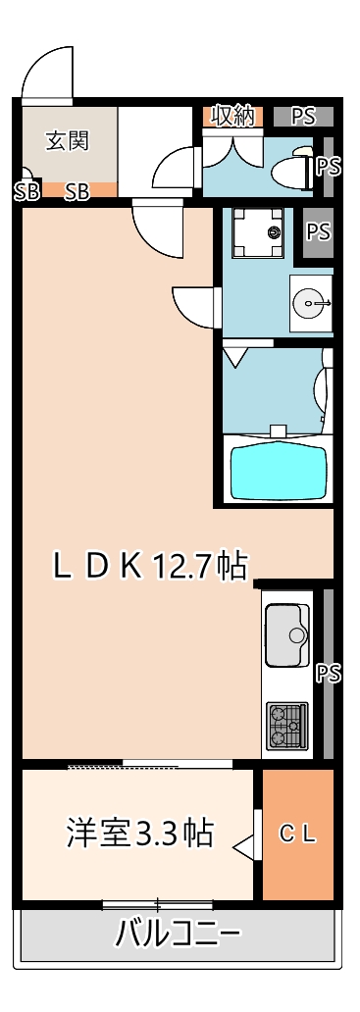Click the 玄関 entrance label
click(x=67, y=140)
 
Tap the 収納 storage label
click(x=233, y=116)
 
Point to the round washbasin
click(x=311, y=303)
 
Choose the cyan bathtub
click(x=277, y=472)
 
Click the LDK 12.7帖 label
click(x=149, y=565)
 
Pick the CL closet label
click(x=298, y=834)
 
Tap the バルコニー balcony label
click(x=178, y=933)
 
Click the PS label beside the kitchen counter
click(x=329, y=674)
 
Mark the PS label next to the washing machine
click(x=317, y=231)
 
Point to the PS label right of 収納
click(x=303, y=116)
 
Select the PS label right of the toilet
click(x=329, y=165)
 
